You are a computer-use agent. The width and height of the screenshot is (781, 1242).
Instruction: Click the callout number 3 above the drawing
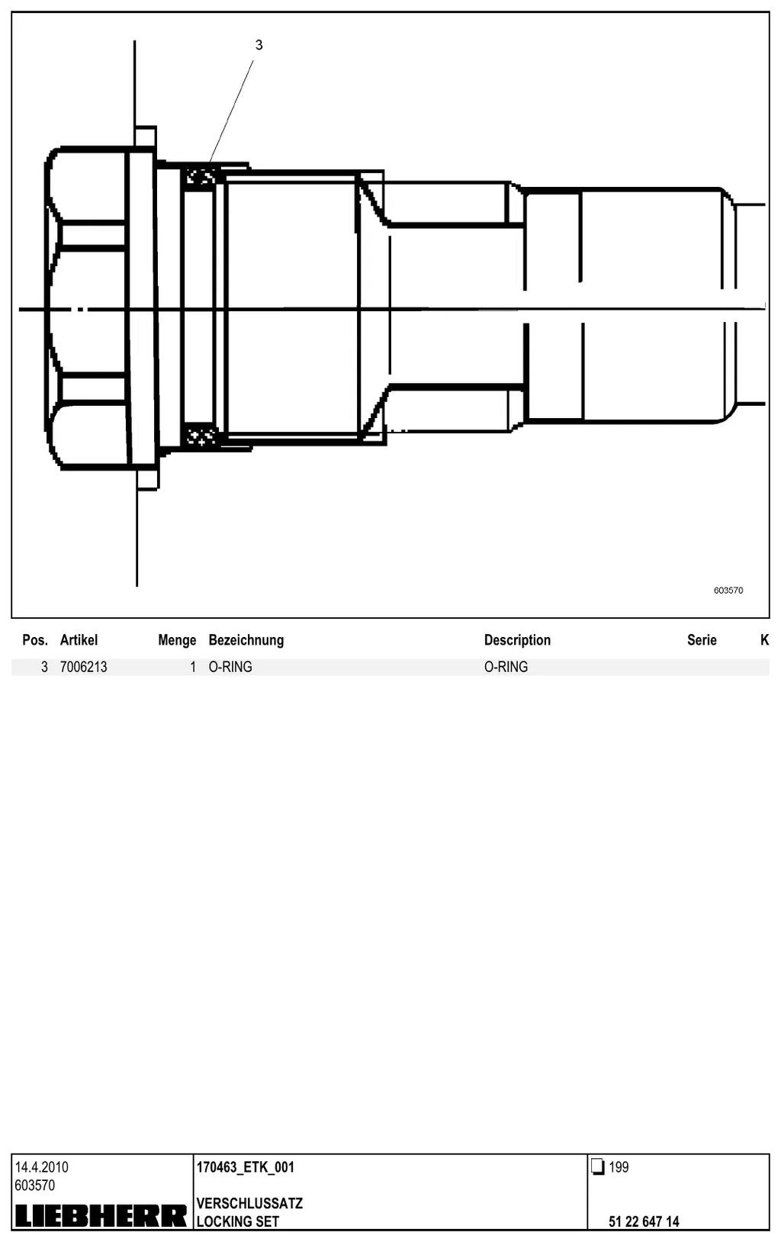259,45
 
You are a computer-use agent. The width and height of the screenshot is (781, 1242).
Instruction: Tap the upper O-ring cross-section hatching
200,178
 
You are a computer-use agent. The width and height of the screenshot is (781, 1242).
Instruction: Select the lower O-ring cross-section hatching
200,435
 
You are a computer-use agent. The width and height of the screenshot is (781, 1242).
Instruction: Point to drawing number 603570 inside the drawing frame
728,590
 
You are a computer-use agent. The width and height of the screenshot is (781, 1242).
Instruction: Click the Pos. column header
35,640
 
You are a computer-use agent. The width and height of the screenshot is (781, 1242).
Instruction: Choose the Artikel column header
79,640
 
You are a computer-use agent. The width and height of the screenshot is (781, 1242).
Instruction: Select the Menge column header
177,640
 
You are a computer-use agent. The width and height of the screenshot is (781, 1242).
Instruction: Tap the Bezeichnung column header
246,640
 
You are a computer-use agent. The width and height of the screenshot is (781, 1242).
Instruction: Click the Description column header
517,640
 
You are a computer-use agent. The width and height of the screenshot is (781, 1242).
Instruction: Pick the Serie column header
702,640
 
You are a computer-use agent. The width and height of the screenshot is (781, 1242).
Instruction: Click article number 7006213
84,667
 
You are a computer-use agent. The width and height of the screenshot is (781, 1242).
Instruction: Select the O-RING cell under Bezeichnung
230,667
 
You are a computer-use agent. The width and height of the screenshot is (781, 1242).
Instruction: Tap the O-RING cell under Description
506,667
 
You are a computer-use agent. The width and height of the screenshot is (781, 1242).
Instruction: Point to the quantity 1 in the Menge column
193,667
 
